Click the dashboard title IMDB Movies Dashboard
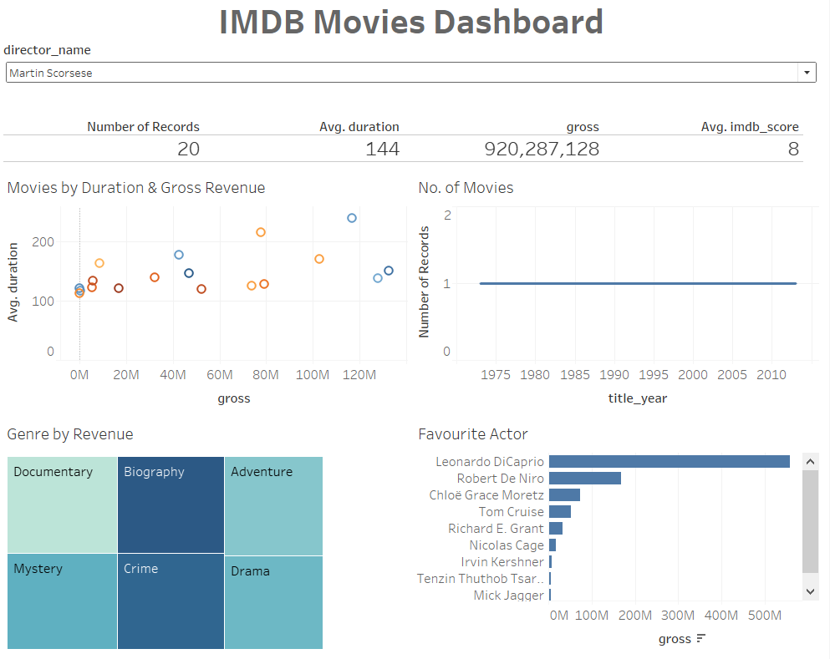pyautogui.click(x=411, y=23)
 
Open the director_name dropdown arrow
pyautogui.click(x=807, y=73)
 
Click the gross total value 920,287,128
pyautogui.click(x=542, y=150)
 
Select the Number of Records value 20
pyautogui.click(x=188, y=150)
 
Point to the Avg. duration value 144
pyautogui.click(x=382, y=150)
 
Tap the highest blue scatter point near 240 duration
pyautogui.click(x=352, y=218)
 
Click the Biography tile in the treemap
pyautogui.click(x=171, y=504)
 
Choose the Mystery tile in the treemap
pyautogui.click(x=62, y=601)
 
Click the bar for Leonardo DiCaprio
pyautogui.click(x=669, y=462)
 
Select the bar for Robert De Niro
pyautogui.click(x=584, y=479)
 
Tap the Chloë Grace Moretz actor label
pyautogui.click(x=486, y=495)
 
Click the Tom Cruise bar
pyautogui.click(x=559, y=512)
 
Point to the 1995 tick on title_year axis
pyautogui.click(x=654, y=375)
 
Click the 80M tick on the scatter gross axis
pyautogui.click(x=266, y=375)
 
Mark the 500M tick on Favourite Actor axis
pyautogui.click(x=763, y=616)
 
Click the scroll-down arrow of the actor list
pyautogui.click(x=809, y=591)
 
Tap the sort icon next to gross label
pyautogui.click(x=700, y=639)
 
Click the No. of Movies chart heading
pyautogui.click(x=466, y=188)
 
